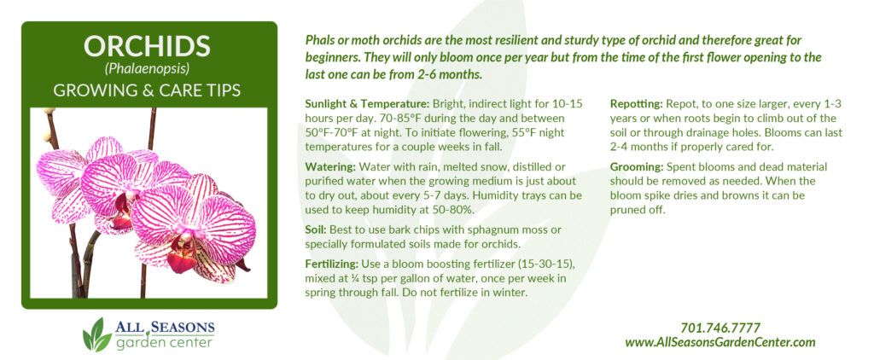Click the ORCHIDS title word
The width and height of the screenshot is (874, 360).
(147, 46)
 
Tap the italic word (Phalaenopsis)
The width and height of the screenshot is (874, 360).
(147, 69)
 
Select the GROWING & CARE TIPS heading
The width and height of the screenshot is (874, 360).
(147, 90)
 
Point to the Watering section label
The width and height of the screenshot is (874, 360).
(330, 168)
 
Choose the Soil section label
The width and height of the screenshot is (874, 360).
(318, 230)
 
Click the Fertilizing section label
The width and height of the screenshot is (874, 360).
(332, 264)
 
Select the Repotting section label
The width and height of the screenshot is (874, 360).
(635, 104)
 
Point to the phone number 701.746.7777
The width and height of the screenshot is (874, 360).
(720, 328)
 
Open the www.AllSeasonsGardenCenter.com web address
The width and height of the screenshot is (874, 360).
(720, 343)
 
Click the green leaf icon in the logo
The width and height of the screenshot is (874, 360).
(96, 335)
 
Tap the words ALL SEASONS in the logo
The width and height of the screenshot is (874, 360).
(165, 327)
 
